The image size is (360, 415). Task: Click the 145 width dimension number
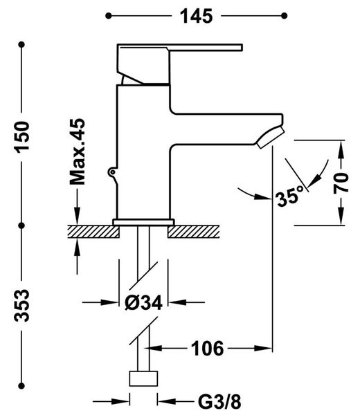pos(197,16)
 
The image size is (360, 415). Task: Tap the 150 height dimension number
pos(22,137)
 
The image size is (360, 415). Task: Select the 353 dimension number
pos(22,306)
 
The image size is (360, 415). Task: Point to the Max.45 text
pos(77,151)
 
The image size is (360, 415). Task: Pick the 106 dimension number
pos(207,349)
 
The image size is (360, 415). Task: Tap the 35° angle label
pos(289,196)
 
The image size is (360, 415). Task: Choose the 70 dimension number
pos(341,183)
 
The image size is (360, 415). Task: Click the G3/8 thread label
pos(219,402)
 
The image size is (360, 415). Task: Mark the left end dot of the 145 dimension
pos(108,16)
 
